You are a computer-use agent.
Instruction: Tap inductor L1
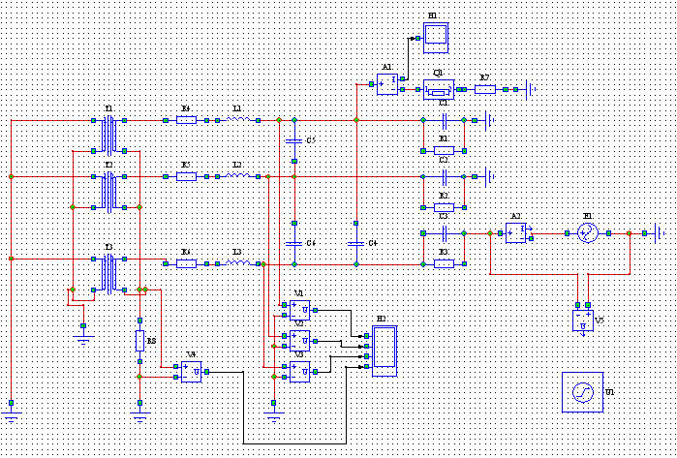(239, 120)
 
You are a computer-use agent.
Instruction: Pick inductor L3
(239, 262)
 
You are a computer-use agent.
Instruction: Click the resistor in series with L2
(187, 176)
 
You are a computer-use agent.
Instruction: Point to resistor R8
(139, 340)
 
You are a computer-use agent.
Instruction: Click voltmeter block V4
(191, 371)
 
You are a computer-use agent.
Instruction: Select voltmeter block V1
(299, 310)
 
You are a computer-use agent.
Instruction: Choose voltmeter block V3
(299, 371)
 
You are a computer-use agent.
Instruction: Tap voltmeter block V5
(582, 320)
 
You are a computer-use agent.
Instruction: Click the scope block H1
(435, 37)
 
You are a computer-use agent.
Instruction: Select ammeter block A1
(387, 84)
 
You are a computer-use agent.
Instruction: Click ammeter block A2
(516, 233)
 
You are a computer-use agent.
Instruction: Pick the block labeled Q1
(439, 89)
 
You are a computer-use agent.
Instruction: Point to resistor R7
(485, 89)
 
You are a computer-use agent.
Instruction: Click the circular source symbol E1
(586, 233)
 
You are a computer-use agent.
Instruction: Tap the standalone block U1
(581, 392)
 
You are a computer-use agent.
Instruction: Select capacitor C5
(293, 141)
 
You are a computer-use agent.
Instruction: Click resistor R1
(444, 150)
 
